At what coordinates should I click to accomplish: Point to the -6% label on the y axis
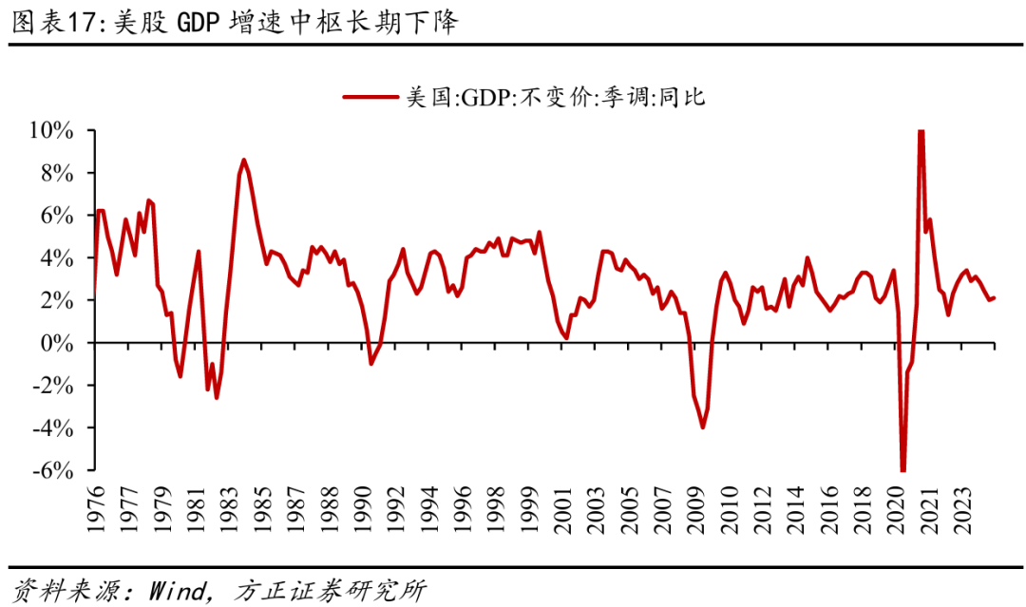[x=52, y=471]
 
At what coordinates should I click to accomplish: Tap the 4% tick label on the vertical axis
[x=59, y=258]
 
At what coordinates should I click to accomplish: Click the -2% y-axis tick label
[x=52, y=386]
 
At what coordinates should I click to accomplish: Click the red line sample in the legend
[x=371, y=97]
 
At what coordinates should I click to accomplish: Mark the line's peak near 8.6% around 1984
[x=243, y=160]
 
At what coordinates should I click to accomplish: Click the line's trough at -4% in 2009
[x=702, y=427]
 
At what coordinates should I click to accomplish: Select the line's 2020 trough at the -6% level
[x=902, y=469]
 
